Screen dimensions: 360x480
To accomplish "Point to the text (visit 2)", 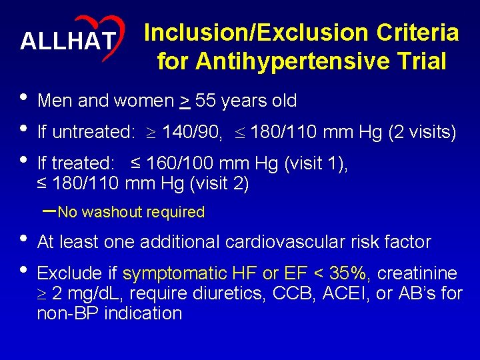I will [x=215, y=183].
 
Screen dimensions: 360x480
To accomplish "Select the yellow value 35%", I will [x=350, y=274].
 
